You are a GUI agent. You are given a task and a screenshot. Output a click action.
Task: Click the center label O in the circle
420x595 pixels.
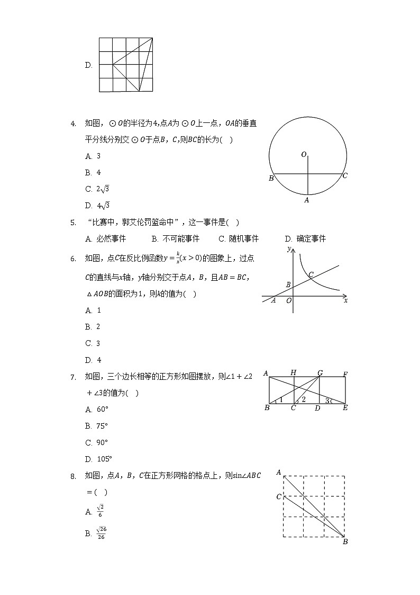click(304, 154)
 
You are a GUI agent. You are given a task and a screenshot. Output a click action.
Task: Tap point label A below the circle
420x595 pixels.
click(306, 200)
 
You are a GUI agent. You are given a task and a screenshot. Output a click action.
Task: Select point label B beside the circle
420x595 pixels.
click(271, 179)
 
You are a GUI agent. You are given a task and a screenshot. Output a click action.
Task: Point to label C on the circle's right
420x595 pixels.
click(345, 175)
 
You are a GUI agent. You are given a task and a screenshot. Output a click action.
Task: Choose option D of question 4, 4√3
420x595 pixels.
click(97, 206)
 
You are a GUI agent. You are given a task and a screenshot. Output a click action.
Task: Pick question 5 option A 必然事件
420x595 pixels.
click(106, 239)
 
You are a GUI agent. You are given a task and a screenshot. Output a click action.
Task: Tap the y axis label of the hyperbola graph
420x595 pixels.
click(288, 248)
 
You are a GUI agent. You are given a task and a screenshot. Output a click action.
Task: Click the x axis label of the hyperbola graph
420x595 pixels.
click(345, 300)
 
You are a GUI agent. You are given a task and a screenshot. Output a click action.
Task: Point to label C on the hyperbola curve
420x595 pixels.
click(311, 274)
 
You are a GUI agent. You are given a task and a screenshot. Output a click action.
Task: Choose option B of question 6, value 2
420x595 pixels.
click(93, 327)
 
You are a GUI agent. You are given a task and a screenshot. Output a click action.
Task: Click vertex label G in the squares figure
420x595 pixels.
click(320, 374)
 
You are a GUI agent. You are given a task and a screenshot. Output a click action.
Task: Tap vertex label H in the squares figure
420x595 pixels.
click(293, 374)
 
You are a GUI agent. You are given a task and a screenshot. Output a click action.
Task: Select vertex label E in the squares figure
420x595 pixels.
click(345, 408)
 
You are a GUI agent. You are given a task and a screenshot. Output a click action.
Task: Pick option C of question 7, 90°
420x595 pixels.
click(97, 442)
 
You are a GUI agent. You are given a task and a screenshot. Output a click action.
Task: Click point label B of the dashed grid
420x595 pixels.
click(345, 541)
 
